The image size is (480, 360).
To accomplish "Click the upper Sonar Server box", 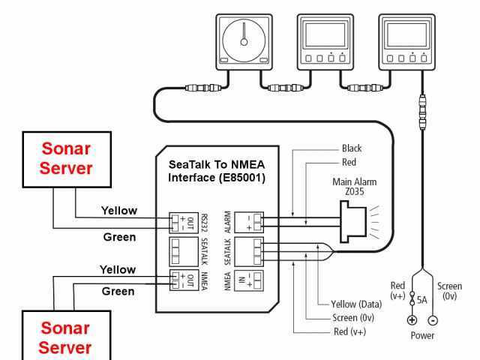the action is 67,160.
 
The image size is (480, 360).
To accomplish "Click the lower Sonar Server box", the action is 67,335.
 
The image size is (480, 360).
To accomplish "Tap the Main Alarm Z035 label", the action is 355,187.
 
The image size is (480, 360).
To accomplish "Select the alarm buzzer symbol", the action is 353,222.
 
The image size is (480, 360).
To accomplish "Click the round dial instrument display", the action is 244,42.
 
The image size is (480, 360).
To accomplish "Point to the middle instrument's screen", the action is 325,35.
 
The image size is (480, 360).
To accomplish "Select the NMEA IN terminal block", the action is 249,280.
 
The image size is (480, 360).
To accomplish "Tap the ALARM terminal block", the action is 249,222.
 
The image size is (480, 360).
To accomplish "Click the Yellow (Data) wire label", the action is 356,304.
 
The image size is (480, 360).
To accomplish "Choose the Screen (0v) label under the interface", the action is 353,318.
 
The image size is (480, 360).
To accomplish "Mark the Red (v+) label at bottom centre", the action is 350,331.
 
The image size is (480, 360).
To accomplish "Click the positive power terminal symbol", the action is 412,320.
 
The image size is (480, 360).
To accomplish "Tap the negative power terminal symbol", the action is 433,320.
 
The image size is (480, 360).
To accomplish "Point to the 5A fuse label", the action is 421,300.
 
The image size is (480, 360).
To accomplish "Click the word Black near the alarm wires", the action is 352,148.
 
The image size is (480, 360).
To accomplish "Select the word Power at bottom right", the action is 422,335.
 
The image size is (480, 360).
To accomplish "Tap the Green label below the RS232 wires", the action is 119,237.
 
